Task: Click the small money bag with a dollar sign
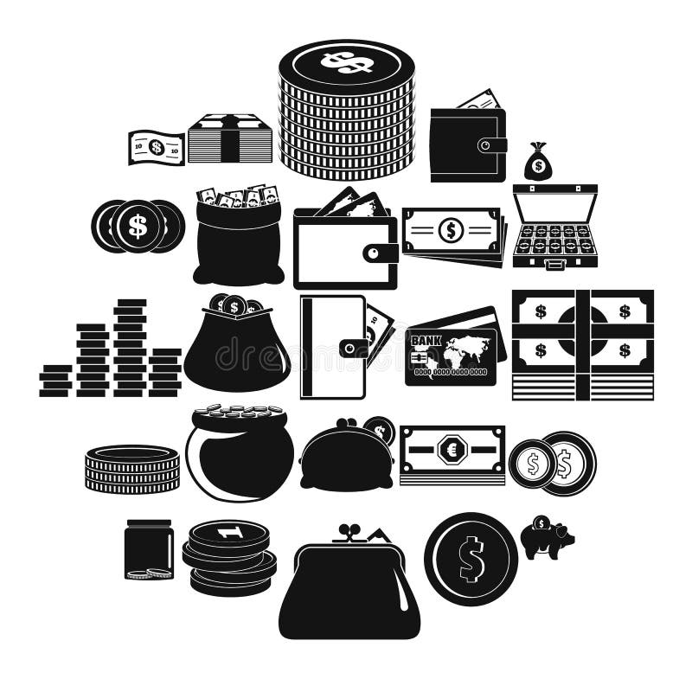click(537, 163)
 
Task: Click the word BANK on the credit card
click(426, 340)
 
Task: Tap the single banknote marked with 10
click(157, 148)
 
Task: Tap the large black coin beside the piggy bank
click(471, 559)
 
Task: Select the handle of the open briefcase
click(554, 263)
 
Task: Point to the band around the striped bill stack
click(230, 139)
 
